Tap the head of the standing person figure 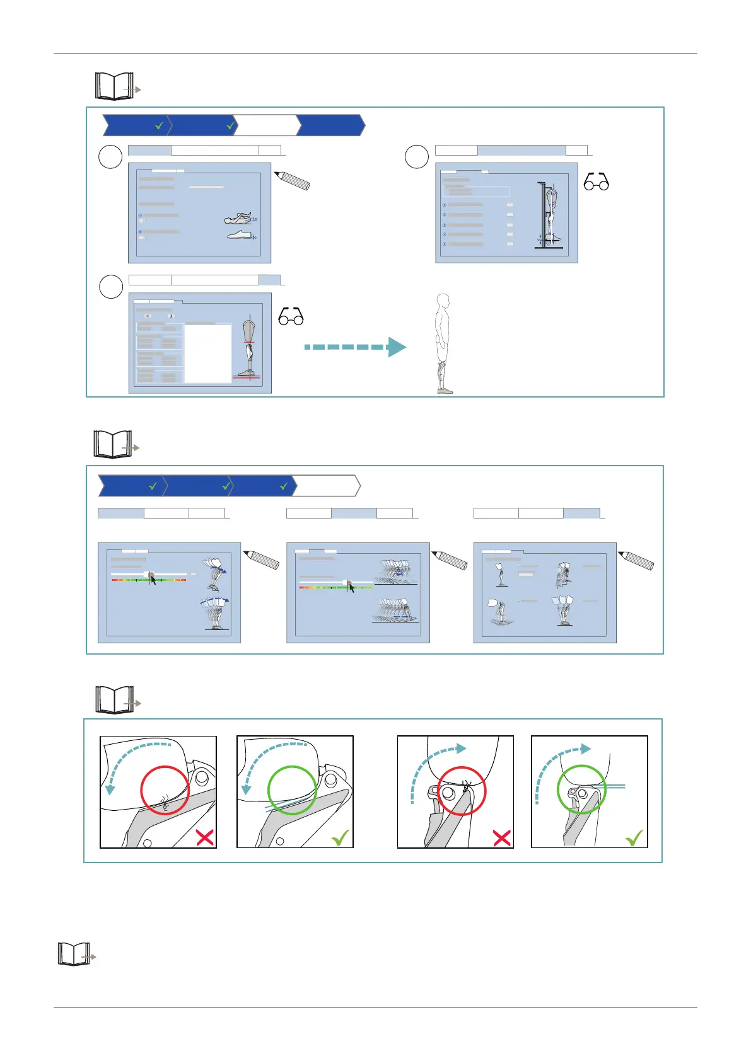point(443,301)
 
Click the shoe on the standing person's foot point(445,391)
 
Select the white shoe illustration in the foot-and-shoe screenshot point(240,235)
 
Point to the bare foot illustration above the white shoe point(239,219)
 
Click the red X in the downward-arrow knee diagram point(204,837)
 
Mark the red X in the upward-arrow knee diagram point(501,838)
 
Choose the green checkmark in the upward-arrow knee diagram point(634,837)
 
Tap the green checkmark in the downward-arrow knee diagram point(340,837)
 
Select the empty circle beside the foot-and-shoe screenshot point(110,157)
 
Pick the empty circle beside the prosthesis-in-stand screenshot point(416,157)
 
